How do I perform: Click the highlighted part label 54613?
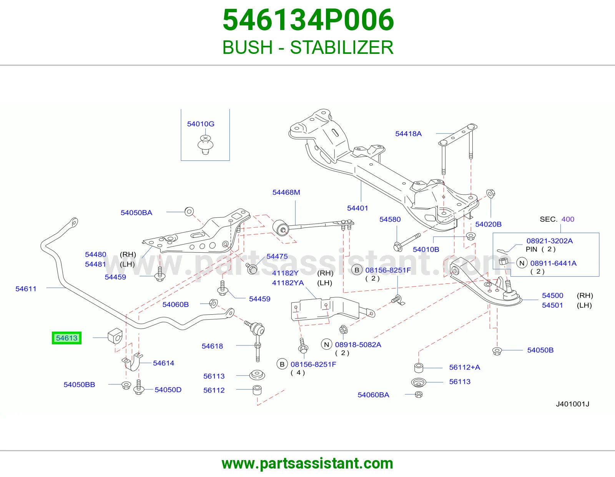point(66,338)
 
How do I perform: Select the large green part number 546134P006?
point(308,20)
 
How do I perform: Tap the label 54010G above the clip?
point(201,124)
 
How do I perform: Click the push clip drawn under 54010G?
point(205,145)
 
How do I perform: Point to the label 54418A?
point(408,134)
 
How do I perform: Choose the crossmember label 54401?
point(357,208)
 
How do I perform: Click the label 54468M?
point(286,192)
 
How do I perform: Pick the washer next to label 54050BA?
point(189,211)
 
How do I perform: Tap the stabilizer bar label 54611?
point(26,289)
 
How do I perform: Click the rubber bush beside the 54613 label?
point(115,336)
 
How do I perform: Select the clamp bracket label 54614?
point(164,363)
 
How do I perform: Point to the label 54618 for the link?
point(212,346)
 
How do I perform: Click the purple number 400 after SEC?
point(568,219)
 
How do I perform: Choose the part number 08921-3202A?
point(550,241)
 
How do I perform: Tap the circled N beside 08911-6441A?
point(522,263)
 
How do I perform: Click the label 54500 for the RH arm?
point(552,295)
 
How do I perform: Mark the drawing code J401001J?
point(573,404)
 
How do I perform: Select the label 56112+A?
point(465,367)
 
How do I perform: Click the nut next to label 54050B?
point(497,351)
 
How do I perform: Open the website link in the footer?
point(307,464)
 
